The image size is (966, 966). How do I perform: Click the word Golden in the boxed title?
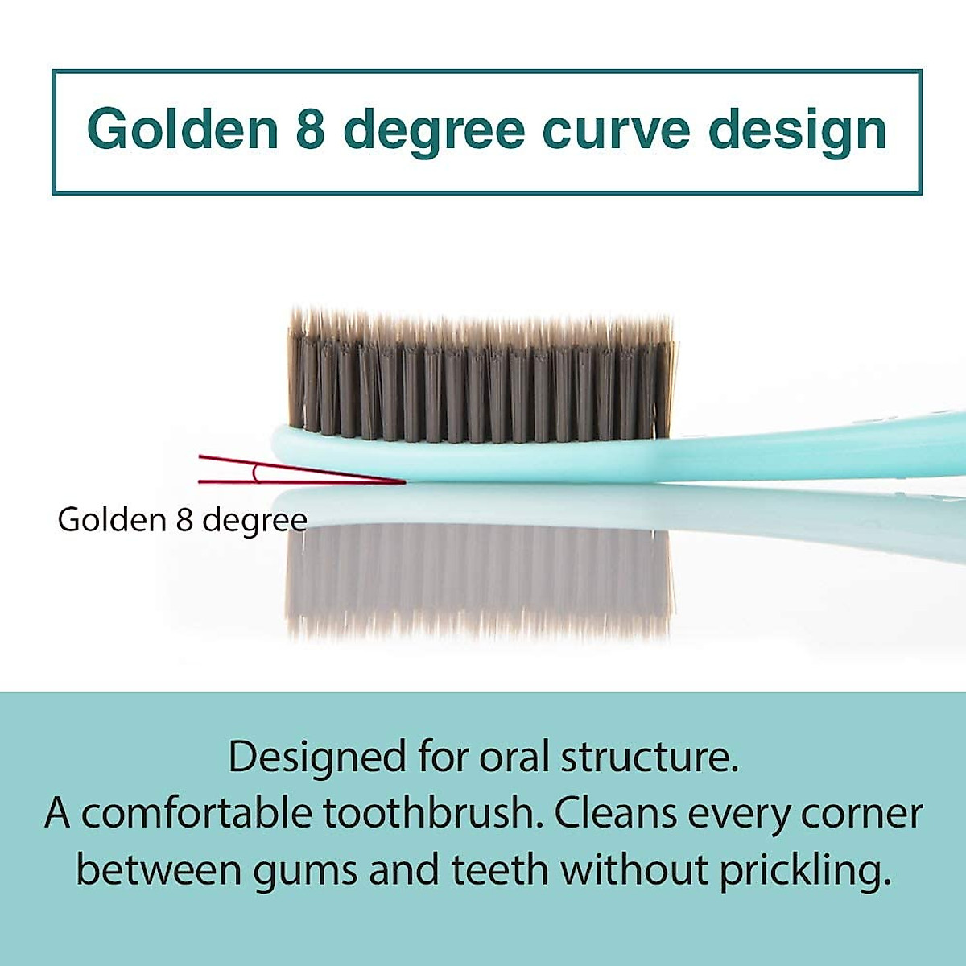(183, 129)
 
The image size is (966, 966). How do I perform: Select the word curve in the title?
(617, 131)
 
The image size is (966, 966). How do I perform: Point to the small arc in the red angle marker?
(256, 473)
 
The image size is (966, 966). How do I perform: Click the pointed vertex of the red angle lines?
(404, 482)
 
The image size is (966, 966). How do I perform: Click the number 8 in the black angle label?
(184, 520)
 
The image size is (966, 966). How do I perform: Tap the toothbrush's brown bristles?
(482, 376)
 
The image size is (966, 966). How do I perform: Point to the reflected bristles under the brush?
(479, 584)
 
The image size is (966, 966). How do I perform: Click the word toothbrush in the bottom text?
(434, 812)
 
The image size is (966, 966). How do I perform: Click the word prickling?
(807, 871)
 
